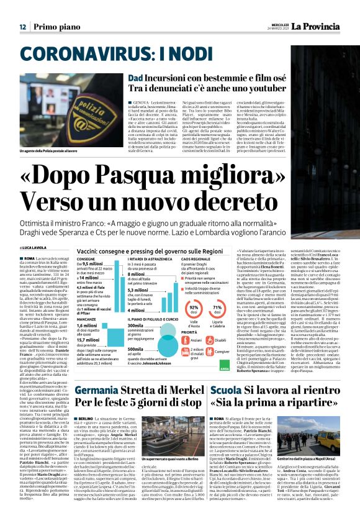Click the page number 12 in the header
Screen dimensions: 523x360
point(22,27)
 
